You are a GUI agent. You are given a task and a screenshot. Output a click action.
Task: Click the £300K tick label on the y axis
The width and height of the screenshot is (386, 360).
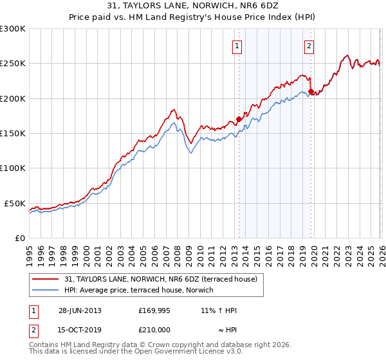point(13,29)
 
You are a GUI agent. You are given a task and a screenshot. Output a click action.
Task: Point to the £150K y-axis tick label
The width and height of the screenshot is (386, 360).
point(13,134)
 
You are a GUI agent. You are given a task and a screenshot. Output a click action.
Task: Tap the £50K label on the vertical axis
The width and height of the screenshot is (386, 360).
point(15,203)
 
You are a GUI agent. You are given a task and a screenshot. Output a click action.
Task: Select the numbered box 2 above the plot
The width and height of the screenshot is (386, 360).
point(309,46)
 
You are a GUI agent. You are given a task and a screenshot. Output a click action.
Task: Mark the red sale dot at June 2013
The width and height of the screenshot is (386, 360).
point(239,119)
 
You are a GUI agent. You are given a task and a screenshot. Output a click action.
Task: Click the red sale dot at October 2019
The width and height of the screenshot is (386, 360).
point(311,91)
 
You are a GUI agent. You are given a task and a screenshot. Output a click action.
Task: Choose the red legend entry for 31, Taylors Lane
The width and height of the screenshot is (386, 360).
point(161,279)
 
